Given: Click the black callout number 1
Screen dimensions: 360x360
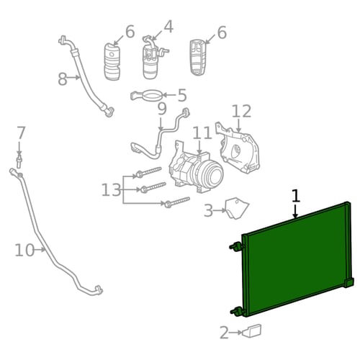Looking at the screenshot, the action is (297, 196).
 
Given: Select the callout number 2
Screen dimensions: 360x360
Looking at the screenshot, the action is (225, 333).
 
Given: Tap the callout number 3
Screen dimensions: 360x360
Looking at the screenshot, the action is (208, 210).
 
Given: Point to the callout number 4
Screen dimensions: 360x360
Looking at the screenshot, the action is (168, 27).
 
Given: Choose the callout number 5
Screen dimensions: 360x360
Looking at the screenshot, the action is (182, 95).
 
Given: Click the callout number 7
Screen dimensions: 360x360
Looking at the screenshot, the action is (21, 132).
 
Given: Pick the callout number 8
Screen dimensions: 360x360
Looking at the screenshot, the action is (63, 78).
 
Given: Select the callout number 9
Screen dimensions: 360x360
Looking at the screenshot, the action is (162, 109).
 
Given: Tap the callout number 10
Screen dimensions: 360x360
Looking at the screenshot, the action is (24, 250).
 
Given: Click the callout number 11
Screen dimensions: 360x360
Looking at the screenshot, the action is (202, 132).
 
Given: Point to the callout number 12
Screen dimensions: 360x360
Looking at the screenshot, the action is (242, 111).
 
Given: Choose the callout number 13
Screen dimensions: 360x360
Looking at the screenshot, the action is (111, 190).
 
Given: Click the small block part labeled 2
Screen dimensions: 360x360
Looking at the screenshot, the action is (252, 331).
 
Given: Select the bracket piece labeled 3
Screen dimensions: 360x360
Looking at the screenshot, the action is (237, 208).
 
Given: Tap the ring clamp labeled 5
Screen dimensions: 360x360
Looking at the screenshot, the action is (146, 96).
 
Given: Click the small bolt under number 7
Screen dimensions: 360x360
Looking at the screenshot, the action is (19, 161).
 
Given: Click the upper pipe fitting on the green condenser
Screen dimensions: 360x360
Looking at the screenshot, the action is (236, 246).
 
